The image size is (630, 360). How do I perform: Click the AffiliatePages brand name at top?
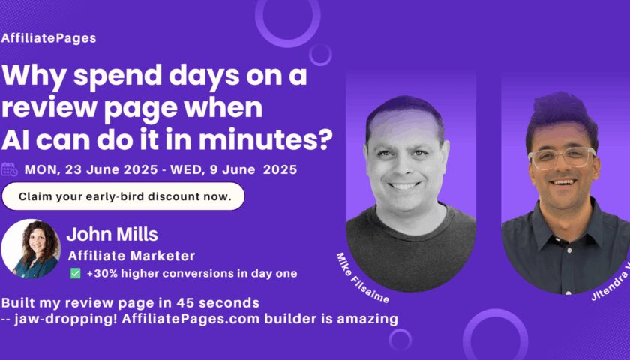click(x=49, y=38)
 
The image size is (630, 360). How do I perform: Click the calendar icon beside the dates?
click(x=9, y=169)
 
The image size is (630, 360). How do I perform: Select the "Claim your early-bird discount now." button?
click(x=123, y=196)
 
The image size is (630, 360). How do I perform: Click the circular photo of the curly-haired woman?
click(x=31, y=249)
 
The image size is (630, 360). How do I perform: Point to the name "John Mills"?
click(x=112, y=234)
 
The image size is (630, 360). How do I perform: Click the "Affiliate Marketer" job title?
click(x=131, y=256)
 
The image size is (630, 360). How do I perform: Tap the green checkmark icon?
click(x=75, y=273)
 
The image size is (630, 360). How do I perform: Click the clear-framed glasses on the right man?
click(x=562, y=158)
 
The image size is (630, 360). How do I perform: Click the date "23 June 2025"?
click(x=111, y=169)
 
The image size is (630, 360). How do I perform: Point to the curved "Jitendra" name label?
click(x=610, y=284)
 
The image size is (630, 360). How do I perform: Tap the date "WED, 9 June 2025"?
click(x=234, y=169)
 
